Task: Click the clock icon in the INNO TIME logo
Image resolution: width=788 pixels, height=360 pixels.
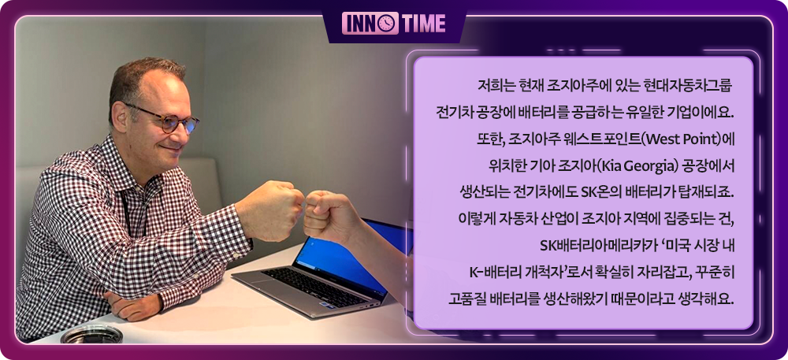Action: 387,23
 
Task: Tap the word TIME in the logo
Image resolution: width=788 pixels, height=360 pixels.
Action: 423,23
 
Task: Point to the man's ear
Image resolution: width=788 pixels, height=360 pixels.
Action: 120,116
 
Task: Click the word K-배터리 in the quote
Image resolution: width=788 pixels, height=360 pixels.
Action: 492,273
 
